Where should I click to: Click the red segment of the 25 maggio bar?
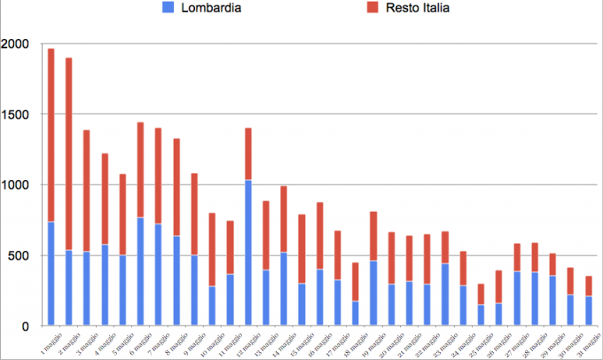tap(482, 294)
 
